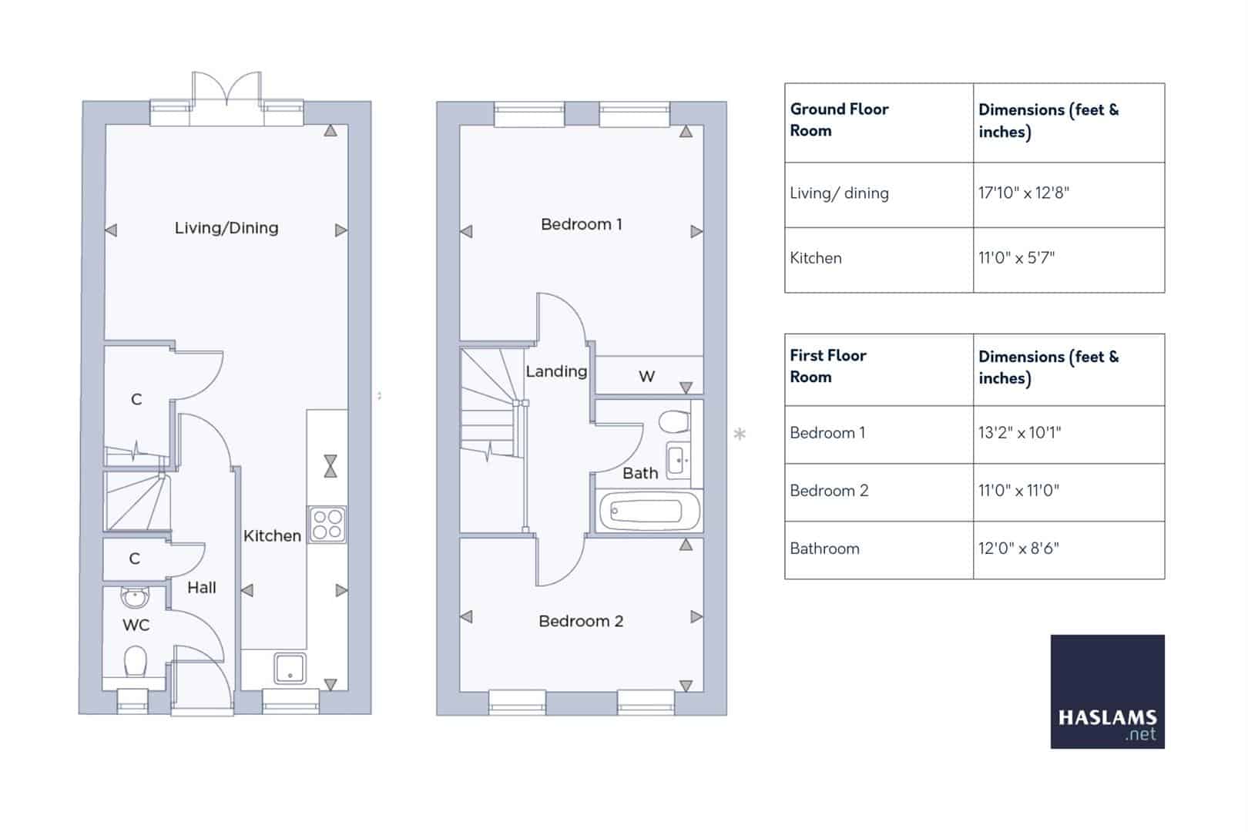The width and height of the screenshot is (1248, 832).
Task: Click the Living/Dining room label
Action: point(226,228)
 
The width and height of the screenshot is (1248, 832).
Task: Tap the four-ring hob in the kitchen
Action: point(327,525)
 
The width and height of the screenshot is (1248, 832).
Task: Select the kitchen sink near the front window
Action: point(290,668)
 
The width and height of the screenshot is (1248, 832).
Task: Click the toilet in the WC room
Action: point(136,661)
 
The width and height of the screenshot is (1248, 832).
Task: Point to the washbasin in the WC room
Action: point(135,597)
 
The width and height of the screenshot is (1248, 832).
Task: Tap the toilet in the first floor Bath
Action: point(674,421)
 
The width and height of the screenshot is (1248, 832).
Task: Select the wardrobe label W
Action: point(646,377)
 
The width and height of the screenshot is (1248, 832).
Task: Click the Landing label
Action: point(555,371)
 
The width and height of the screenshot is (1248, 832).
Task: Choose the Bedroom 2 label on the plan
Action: point(581,621)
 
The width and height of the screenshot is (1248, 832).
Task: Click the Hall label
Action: point(201,588)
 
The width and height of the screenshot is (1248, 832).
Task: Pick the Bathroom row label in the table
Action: point(824,549)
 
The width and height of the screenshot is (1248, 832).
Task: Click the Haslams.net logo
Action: point(1107,691)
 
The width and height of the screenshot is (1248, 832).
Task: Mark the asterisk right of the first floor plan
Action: point(740,434)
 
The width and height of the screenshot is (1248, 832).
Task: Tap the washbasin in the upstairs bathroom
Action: point(679,461)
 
